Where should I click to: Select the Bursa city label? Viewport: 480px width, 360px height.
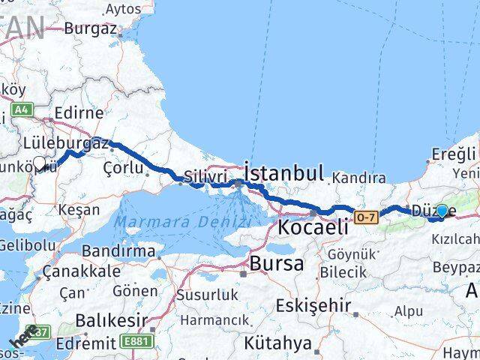[x=277, y=263]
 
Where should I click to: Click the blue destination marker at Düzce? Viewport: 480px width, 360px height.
[x=442, y=211]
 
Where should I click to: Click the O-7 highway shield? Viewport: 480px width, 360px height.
[x=366, y=217]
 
